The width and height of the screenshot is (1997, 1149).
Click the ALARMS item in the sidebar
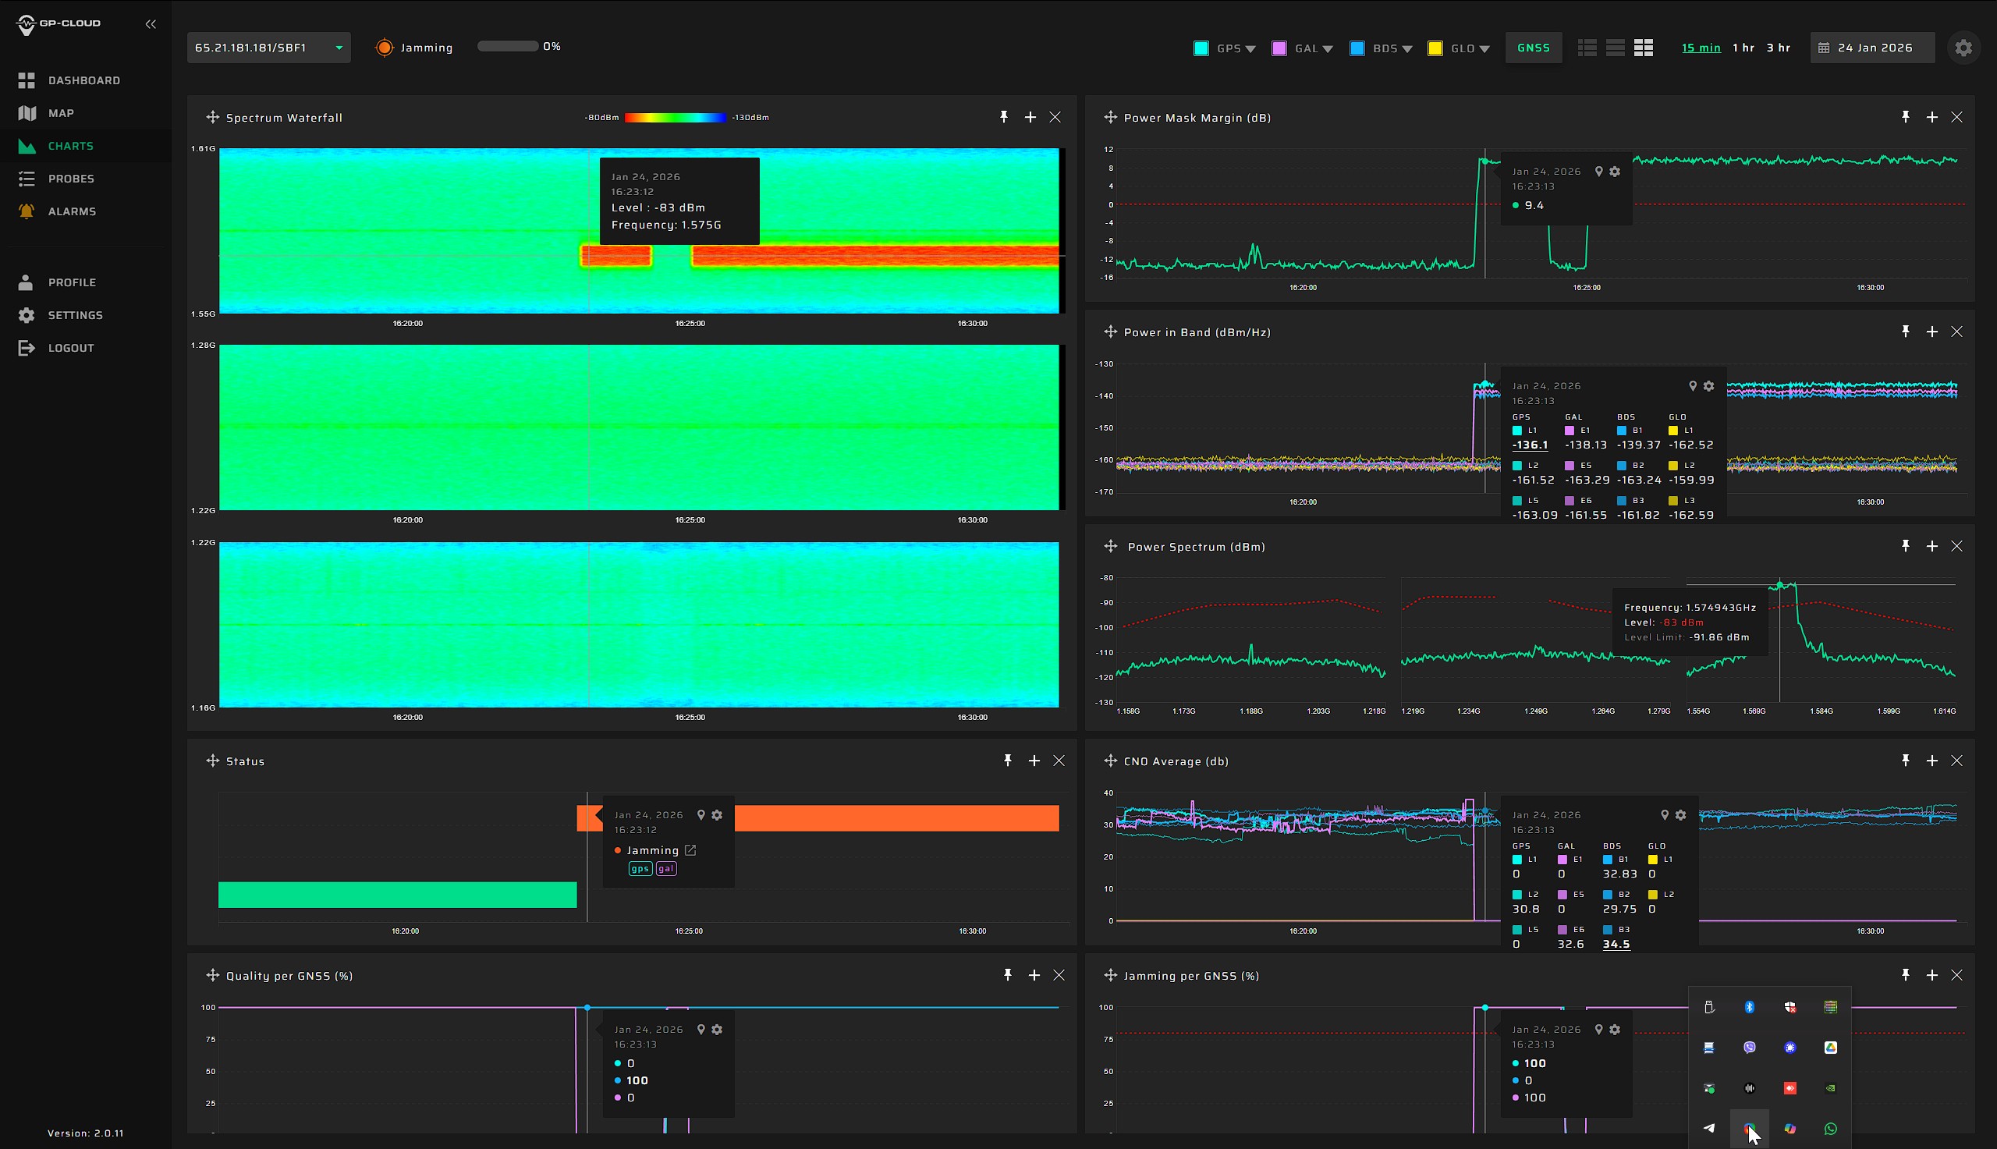71,211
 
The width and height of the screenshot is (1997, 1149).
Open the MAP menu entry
60,113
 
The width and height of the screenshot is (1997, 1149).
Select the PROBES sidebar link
70,179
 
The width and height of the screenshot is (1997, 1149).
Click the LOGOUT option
70,348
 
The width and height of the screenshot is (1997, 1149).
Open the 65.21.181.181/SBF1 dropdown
268,48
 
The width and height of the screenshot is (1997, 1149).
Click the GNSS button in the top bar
1533,48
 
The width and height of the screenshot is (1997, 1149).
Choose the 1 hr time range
1743,48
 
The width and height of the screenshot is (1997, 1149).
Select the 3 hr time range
1778,48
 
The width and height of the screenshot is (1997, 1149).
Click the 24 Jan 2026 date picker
1872,48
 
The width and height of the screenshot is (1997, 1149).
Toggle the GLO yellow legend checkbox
1435,48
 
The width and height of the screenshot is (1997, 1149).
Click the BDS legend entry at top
1384,48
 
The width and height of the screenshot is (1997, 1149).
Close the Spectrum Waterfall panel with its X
1055,117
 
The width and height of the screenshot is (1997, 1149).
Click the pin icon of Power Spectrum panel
1906,545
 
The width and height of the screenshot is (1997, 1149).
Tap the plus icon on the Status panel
1034,760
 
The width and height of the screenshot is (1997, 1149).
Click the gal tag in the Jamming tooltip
666,868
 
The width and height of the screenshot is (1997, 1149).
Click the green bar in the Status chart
397,894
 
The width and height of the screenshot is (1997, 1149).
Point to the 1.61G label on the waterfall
203,148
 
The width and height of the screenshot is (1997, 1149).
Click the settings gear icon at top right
1963,48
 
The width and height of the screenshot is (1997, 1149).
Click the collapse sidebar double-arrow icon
151,23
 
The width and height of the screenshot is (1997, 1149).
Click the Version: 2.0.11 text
85,1133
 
